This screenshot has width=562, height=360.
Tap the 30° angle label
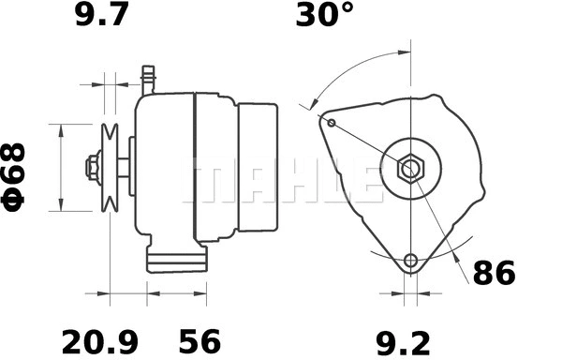click(325, 16)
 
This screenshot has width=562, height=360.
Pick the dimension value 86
click(494, 274)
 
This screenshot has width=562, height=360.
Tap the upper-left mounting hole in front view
click(329, 121)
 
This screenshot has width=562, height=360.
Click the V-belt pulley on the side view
click(110, 168)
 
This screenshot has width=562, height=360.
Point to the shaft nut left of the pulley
click(91, 168)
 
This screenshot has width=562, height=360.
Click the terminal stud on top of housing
click(147, 78)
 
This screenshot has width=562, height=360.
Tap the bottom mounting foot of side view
click(175, 261)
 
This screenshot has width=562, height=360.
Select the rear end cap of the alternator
click(257, 168)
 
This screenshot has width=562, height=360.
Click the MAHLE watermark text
click(281, 181)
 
